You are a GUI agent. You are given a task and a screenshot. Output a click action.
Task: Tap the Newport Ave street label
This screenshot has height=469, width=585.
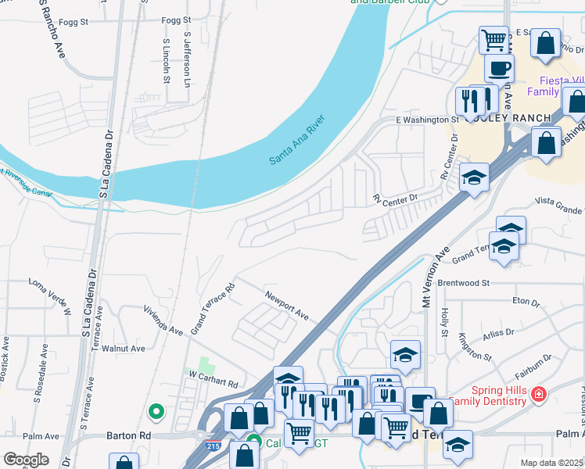click(x=287, y=306)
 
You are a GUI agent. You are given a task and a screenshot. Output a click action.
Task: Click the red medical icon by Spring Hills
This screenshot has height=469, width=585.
click(x=537, y=394)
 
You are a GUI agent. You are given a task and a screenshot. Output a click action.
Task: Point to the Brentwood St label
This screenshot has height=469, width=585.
click(x=463, y=282)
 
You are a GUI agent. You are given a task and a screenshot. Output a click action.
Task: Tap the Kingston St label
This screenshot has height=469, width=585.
click(x=476, y=345)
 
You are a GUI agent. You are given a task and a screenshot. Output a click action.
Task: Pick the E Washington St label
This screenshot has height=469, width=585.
click(x=426, y=120)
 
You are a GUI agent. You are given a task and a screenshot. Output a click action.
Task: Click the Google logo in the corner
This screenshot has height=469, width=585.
click(x=26, y=460)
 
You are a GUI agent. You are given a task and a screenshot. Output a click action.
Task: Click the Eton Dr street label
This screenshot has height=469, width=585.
click(x=526, y=301)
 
